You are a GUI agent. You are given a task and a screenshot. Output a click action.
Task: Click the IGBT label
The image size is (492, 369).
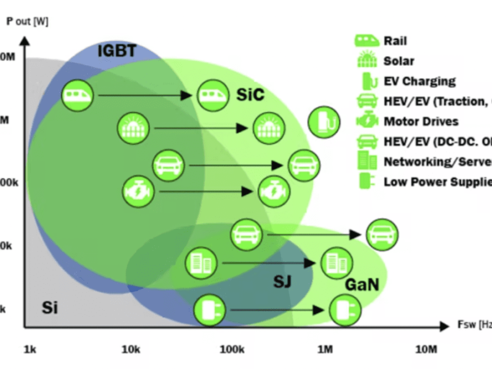[x=117, y=50]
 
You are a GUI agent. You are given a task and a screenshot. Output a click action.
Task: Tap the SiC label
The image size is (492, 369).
[x=250, y=95]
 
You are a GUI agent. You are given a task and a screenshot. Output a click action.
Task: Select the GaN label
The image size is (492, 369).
[x=361, y=285]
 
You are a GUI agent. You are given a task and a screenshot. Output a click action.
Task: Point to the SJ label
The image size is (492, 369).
[x=282, y=282]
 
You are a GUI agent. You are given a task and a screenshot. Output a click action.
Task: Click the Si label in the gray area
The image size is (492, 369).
[x=50, y=306]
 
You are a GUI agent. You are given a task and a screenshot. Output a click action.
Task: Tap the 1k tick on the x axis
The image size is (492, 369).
[x=30, y=350]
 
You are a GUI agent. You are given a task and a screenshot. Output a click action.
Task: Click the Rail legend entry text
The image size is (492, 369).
[x=395, y=41]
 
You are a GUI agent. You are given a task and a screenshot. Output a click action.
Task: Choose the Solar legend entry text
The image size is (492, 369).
[x=399, y=61]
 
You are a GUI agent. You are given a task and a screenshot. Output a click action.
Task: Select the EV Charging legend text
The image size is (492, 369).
[x=419, y=81]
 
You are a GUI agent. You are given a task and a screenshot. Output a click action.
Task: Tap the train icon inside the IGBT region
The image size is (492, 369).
[x=77, y=95]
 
